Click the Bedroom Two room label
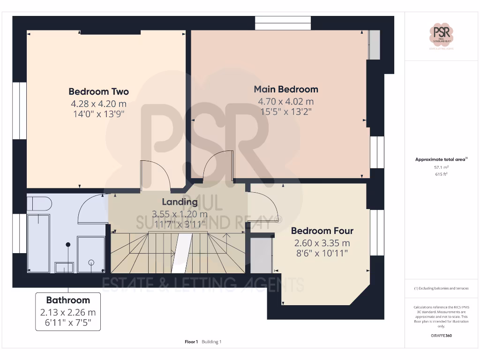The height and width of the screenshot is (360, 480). pyautogui.click(x=98, y=91)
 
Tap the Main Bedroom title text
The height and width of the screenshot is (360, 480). pyautogui.click(x=286, y=89)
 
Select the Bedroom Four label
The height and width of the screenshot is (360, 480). pyautogui.click(x=322, y=231)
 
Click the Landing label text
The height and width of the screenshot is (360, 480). pyautogui.click(x=180, y=202)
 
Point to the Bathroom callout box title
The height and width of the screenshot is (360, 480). pyautogui.click(x=68, y=300)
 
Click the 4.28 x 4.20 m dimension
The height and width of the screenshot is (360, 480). pyautogui.click(x=98, y=104)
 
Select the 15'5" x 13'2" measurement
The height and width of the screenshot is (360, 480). pyautogui.click(x=286, y=112)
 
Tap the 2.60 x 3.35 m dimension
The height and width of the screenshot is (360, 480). pyautogui.click(x=322, y=243)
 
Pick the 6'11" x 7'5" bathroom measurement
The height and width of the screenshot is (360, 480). pyautogui.click(x=68, y=322)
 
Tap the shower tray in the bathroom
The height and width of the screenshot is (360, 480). pyautogui.click(x=91, y=254)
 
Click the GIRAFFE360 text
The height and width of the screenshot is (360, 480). pyautogui.click(x=441, y=336)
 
